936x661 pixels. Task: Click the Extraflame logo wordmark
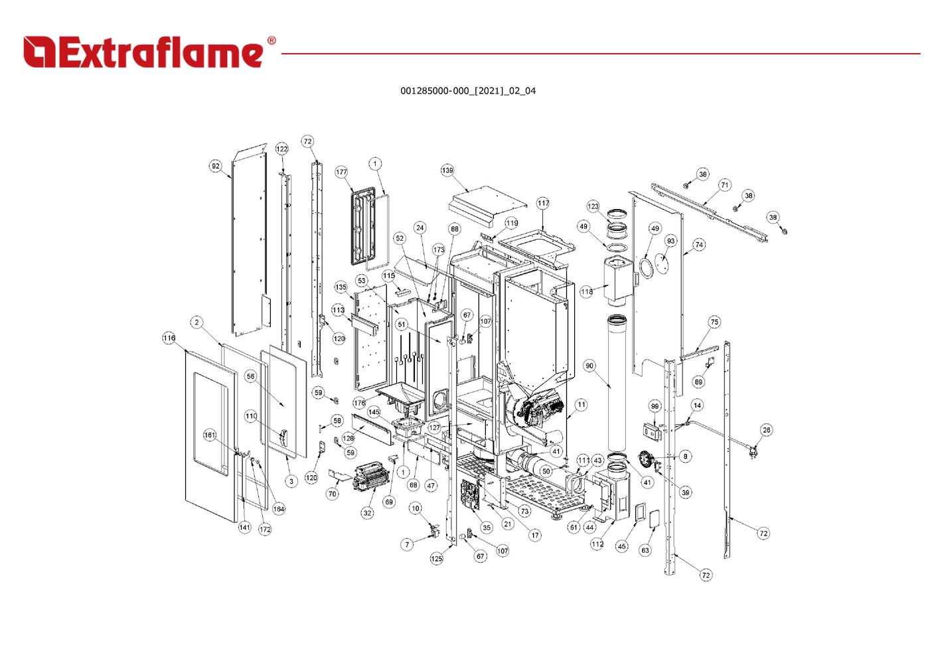[149, 52]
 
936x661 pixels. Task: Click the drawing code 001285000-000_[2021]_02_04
[467, 91]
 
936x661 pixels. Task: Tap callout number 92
[216, 166]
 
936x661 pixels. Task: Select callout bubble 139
[447, 171]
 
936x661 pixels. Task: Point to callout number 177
[341, 173]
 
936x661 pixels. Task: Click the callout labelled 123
[593, 206]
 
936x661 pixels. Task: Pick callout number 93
[670, 241]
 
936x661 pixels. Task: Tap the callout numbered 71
[724, 185]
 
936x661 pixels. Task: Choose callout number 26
[767, 430]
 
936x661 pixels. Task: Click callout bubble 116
[169, 338]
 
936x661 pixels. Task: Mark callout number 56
[250, 376]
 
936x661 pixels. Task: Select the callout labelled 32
[367, 512]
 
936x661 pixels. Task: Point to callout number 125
[436, 559]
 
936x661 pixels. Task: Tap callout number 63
[645, 550]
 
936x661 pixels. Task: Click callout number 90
[589, 366]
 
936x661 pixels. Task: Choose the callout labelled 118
[587, 292]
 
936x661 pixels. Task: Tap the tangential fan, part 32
[372, 476]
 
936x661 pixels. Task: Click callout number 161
[210, 435]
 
